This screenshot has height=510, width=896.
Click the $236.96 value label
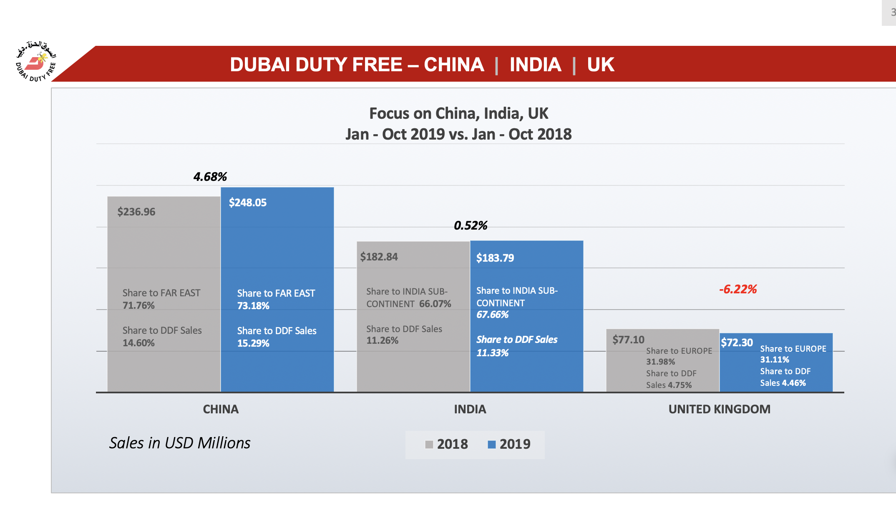tap(136, 212)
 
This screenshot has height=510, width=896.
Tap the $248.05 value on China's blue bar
tap(248, 202)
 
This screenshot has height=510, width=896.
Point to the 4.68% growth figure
tap(210, 177)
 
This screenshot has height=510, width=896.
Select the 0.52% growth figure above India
tap(471, 225)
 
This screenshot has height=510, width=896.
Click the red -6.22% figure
tap(738, 289)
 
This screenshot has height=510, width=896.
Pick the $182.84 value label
tap(379, 257)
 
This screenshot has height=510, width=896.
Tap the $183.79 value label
tap(495, 258)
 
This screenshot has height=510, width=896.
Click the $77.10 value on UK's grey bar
tap(628, 340)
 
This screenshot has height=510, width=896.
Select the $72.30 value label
tap(737, 342)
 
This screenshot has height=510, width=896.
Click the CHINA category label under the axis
tap(221, 409)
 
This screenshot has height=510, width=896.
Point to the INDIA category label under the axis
tap(470, 409)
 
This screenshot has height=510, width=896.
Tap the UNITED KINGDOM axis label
tap(719, 409)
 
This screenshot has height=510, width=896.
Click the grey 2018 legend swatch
tap(429, 445)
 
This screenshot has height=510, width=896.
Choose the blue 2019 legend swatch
tap(492, 445)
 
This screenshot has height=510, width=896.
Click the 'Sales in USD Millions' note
tap(180, 443)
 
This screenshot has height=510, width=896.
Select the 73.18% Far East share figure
tap(253, 306)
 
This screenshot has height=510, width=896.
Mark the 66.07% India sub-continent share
tap(435, 304)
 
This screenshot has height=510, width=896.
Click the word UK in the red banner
tap(601, 65)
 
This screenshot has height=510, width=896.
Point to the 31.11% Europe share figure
tap(775, 360)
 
